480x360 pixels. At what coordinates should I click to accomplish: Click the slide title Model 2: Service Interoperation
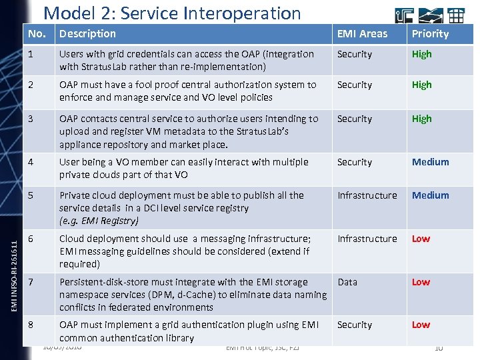click(172, 13)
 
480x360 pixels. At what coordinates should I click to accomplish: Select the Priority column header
click(430, 34)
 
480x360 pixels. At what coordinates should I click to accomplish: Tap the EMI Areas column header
click(362, 34)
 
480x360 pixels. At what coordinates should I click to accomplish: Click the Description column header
click(87, 34)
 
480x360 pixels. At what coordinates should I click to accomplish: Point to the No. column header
click(37, 34)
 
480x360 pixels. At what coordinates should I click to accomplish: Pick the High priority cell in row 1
click(421, 54)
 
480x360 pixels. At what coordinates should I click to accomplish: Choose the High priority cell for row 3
click(421, 119)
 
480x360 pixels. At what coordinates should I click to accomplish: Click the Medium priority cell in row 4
click(430, 162)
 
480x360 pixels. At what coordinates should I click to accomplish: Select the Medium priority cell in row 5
click(430, 195)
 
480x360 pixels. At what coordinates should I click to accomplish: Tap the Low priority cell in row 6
click(421, 239)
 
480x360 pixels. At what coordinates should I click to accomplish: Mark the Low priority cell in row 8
click(421, 325)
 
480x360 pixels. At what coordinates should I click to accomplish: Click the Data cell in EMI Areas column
click(347, 282)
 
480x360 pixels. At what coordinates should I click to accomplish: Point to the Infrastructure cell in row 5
click(367, 195)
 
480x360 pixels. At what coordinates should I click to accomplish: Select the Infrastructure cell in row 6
click(367, 239)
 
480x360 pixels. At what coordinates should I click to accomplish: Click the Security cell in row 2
click(355, 85)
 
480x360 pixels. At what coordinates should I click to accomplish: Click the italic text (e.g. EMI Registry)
click(99, 221)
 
